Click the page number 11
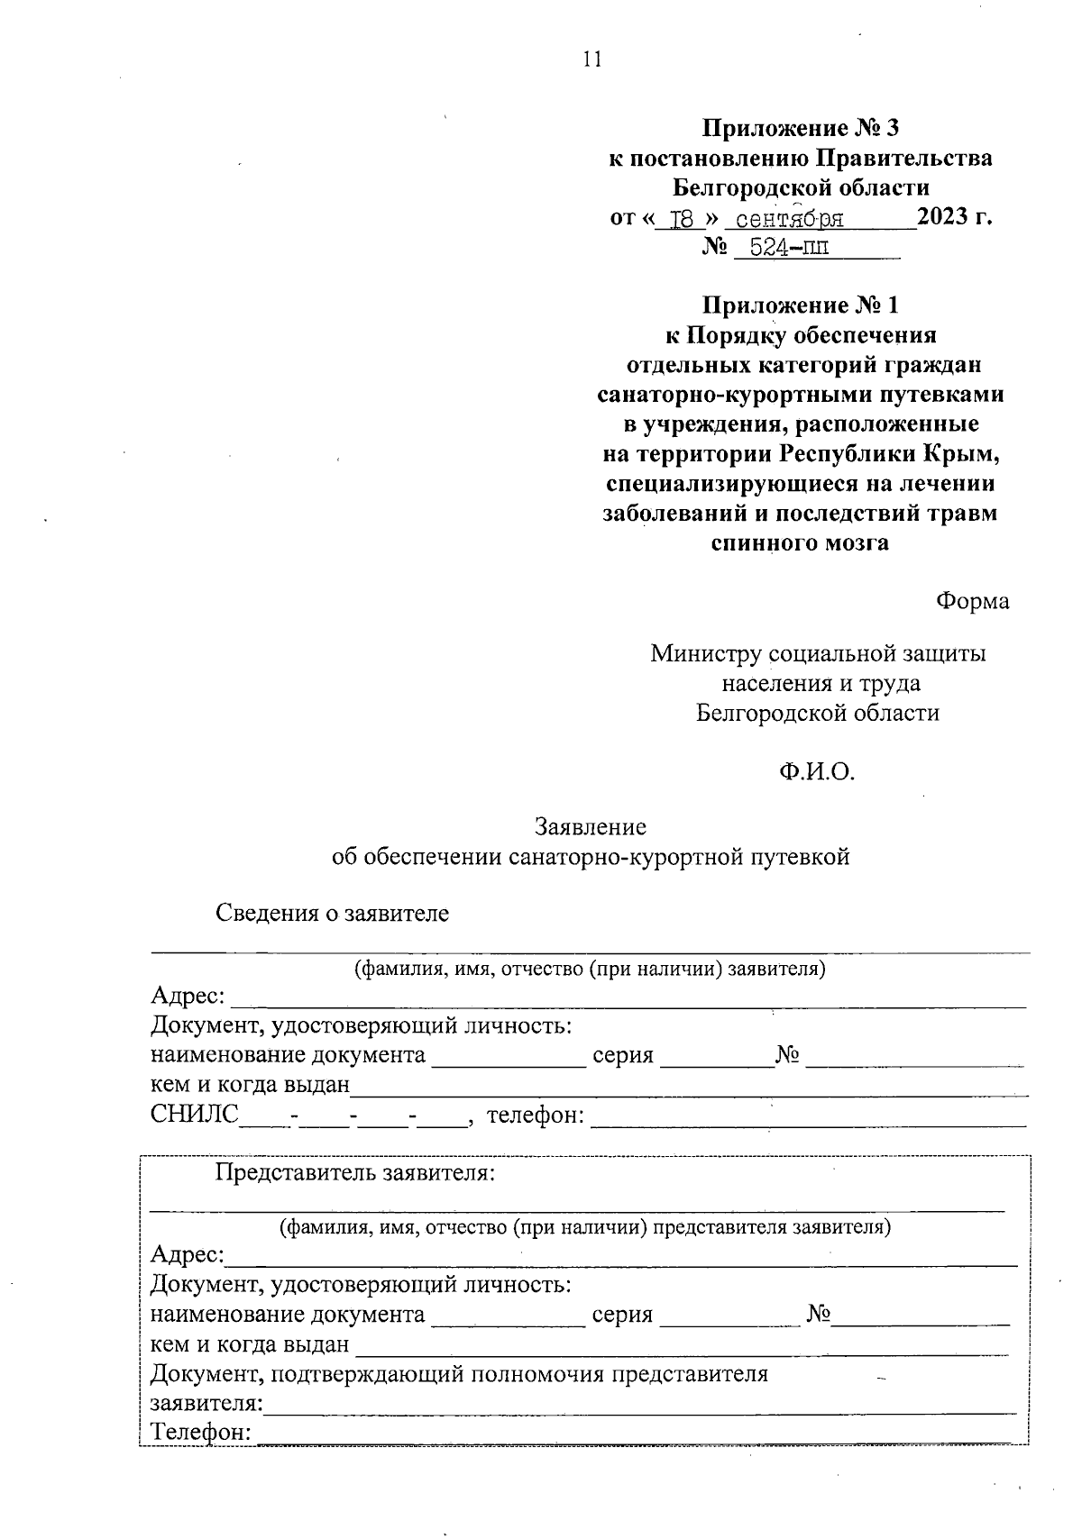click(591, 59)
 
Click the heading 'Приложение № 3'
click(801, 128)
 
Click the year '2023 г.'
click(954, 217)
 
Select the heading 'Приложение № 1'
click(801, 305)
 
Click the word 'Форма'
click(972, 600)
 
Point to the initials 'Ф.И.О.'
click(817, 771)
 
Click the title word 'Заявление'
click(591, 826)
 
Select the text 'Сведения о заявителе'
click(332, 913)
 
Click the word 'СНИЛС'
click(195, 1115)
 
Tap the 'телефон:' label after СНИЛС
click(536, 1116)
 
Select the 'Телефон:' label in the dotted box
click(200, 1432)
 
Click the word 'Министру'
click(705, 652)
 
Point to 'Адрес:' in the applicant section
click(188, 996)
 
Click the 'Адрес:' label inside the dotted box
click(188, 1254)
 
